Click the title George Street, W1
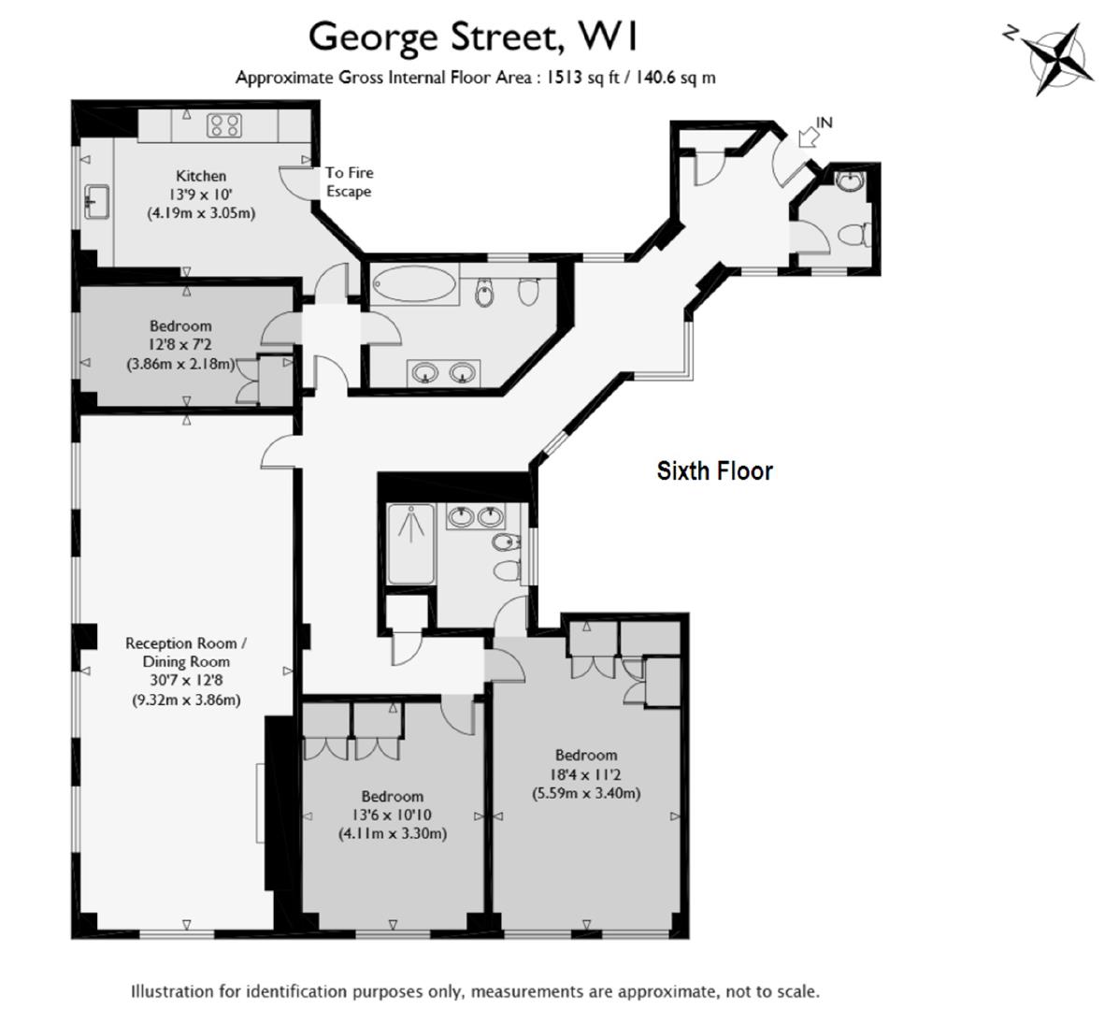(474, 37)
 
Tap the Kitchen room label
(201, 176)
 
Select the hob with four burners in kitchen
(224, 125)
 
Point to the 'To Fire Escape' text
(349, 182)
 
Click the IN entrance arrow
(810, 137)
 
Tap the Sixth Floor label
(714, 470)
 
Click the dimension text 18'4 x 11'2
(586, 774)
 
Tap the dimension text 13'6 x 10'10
(392, 815)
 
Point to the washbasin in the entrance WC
(850, 180)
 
